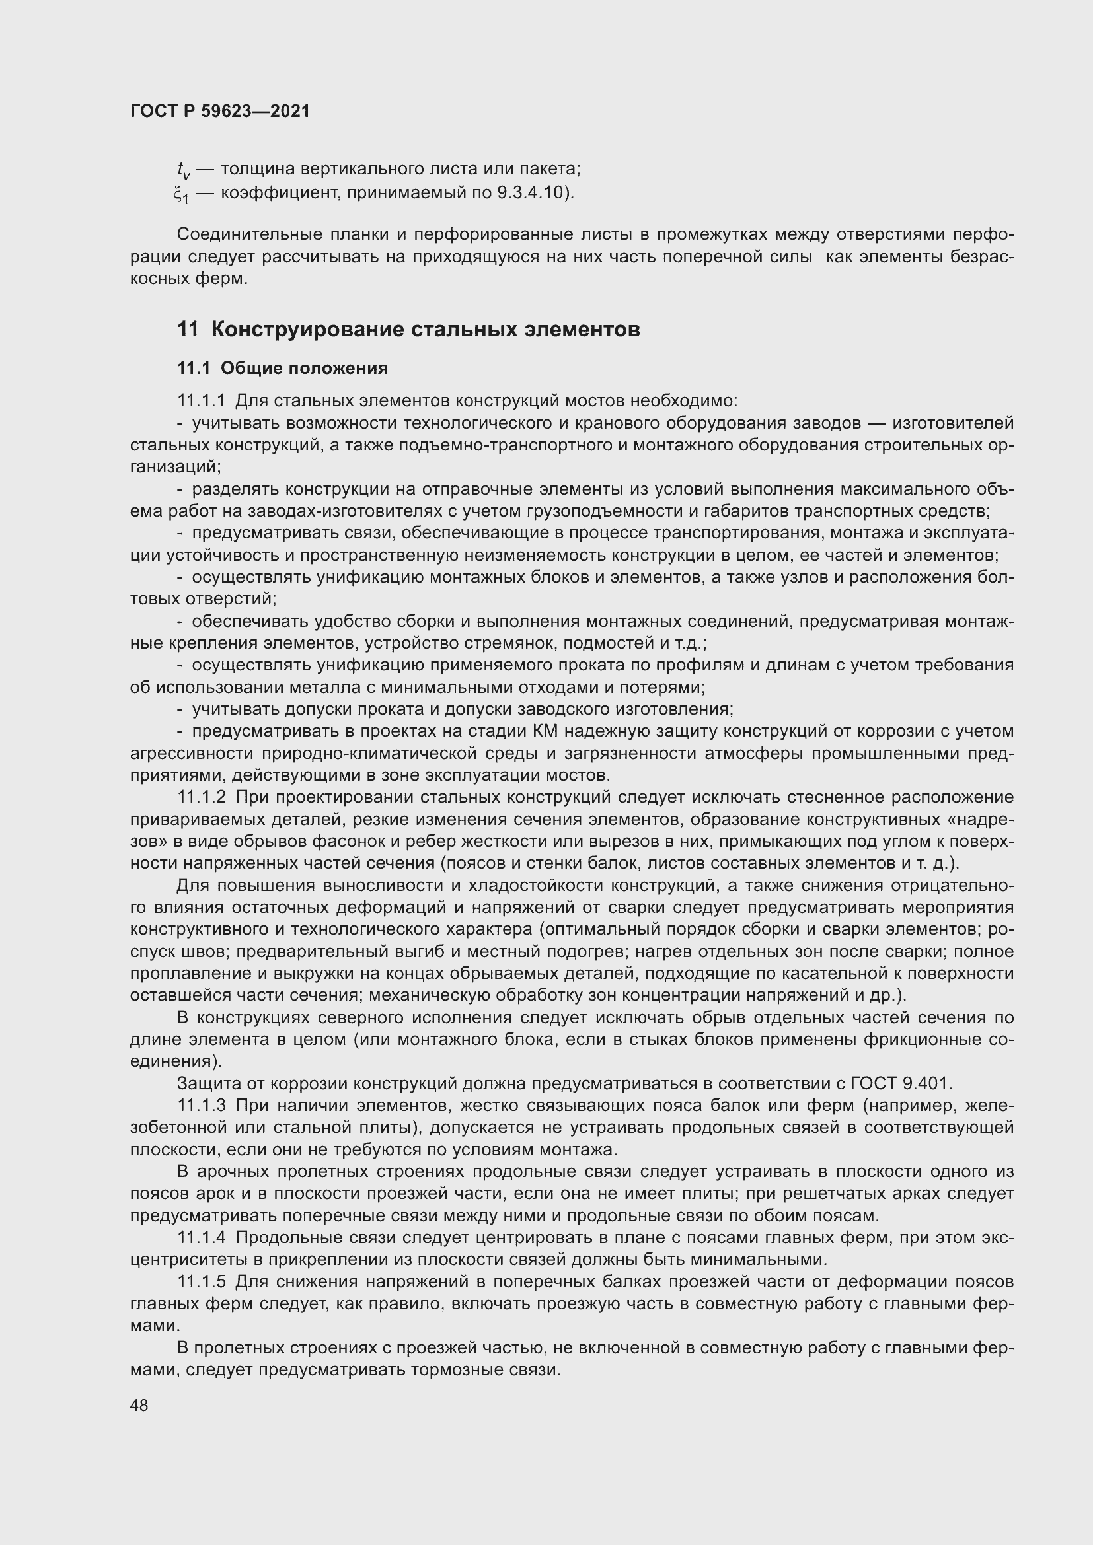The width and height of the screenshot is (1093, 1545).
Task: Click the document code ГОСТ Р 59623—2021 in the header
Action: pos(220,111)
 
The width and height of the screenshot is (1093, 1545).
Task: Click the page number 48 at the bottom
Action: pos(139,1405)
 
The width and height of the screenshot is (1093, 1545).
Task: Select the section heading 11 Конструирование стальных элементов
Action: pos(408,329)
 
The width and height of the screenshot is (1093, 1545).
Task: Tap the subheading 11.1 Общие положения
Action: pos(283,368)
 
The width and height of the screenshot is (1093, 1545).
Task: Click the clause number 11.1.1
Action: pos(201,401)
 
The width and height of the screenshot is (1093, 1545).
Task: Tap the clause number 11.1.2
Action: pos(201,797)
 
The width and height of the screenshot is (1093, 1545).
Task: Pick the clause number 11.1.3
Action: pos(201,1106)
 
